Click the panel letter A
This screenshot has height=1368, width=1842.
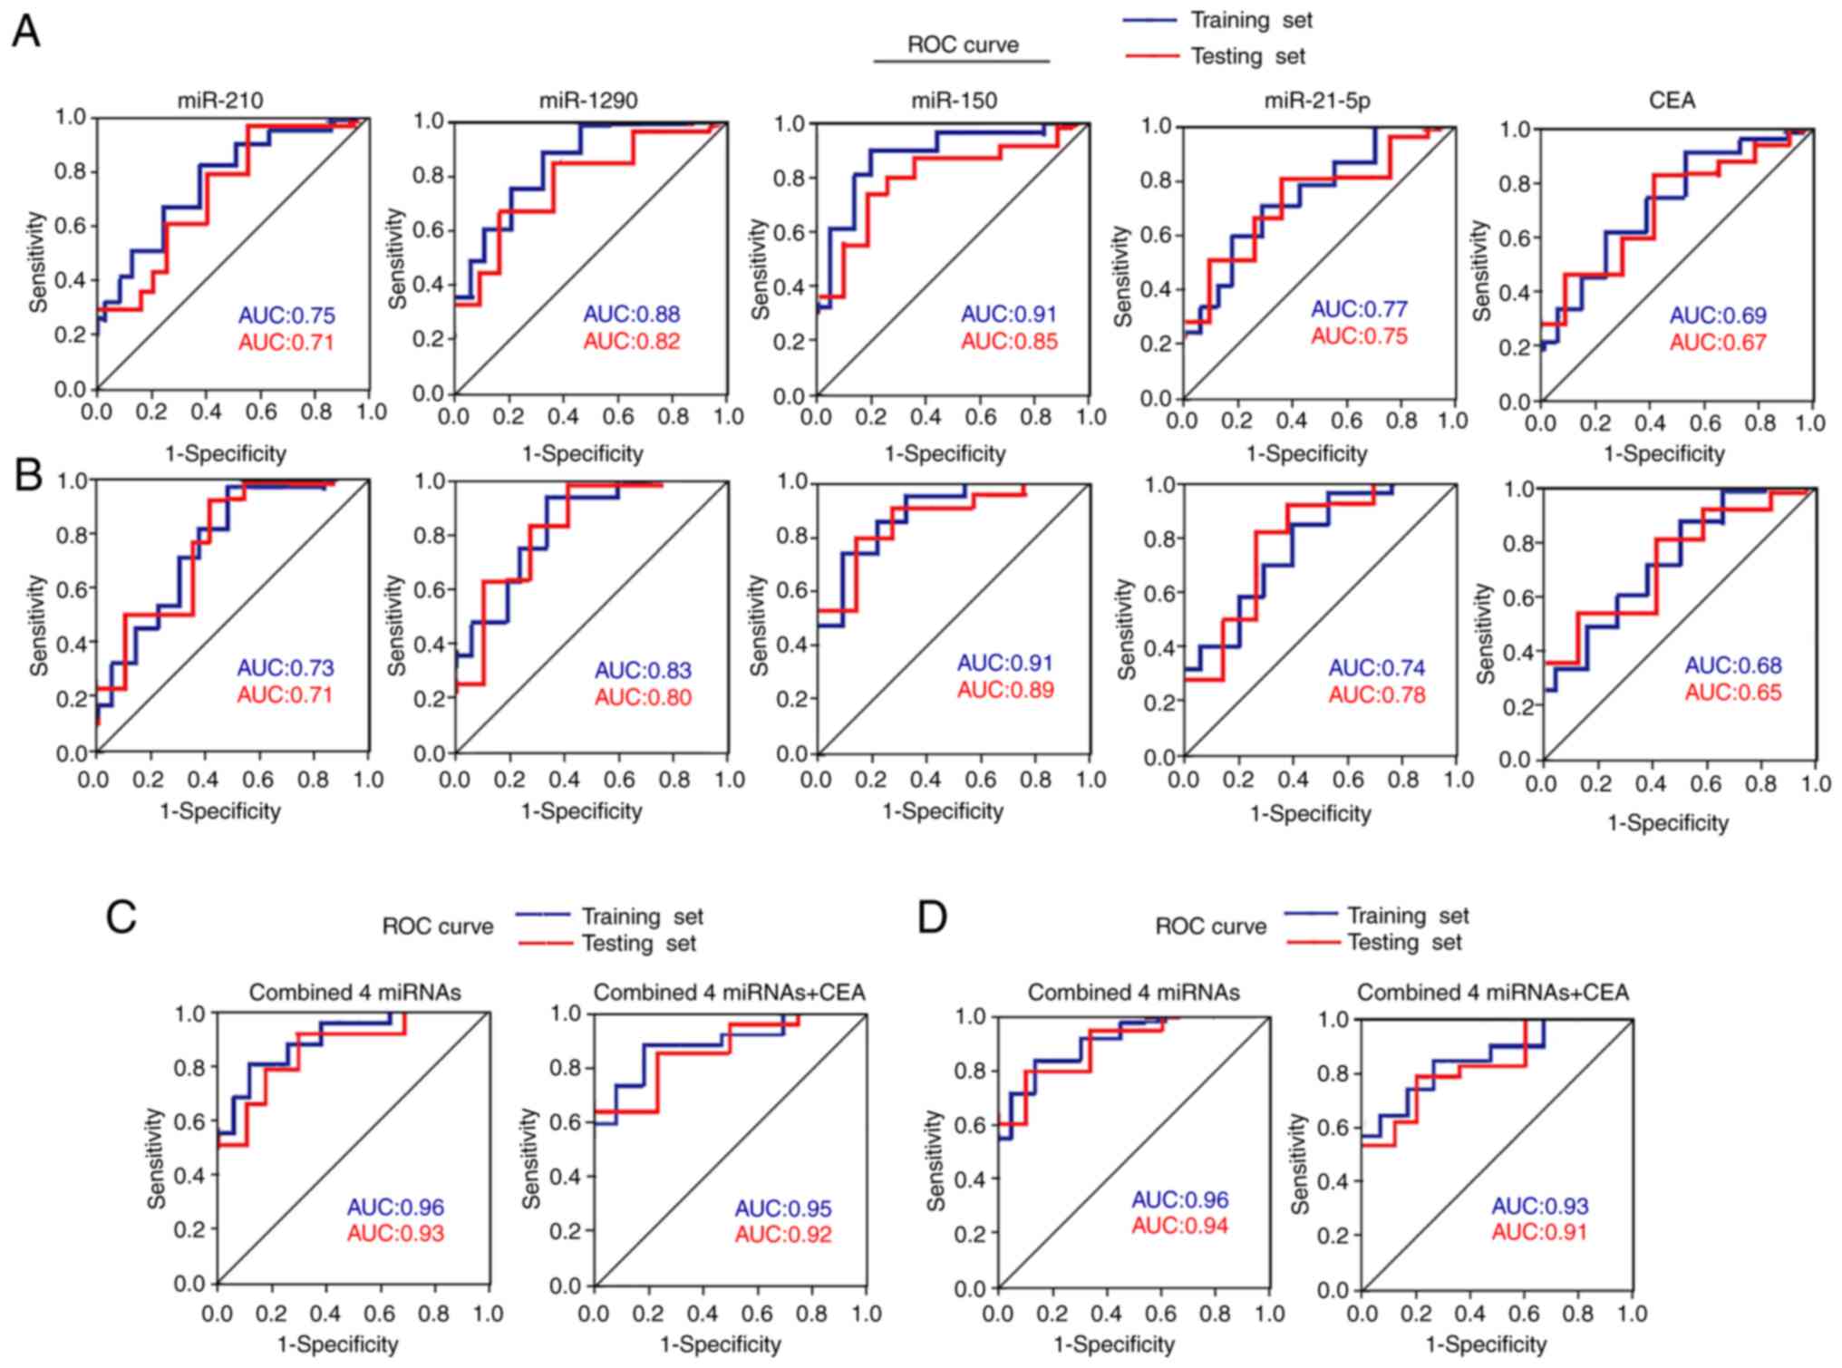[26, 33]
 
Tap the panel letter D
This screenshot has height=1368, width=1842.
[932, 917]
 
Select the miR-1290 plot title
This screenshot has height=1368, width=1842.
[588, 101]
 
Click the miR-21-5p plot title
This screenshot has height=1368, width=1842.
[1316, 102]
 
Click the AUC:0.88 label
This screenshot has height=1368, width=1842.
[631, 315]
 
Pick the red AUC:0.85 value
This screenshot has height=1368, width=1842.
[1009, 342]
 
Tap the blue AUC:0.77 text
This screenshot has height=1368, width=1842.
[1359, 309]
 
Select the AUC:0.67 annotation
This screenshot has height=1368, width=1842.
[1718, 343]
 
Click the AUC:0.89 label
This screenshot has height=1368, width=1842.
[1005, 691]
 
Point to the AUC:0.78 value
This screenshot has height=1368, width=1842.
[1376, 695]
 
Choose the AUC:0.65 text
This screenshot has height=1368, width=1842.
[1732, 693]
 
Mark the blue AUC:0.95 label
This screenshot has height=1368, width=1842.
[782, 1208]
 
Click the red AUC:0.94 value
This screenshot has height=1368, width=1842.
[1179, 1227]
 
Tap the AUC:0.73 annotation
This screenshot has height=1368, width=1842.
[286, 668]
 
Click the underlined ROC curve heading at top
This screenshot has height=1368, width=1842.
[963, 45]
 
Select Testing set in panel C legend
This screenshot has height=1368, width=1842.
[638, 944]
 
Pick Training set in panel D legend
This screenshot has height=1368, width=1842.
[1407, 916]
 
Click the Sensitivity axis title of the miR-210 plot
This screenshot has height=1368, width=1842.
[38, 262]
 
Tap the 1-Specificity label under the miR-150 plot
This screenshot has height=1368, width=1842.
[945, 453]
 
